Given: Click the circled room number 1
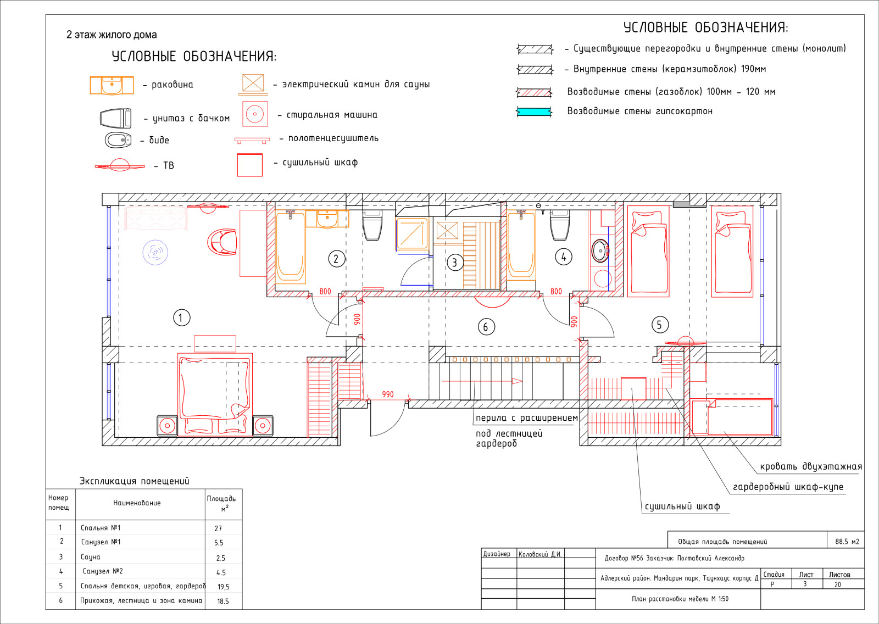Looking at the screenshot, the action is pyautogui.click(x=182, y=317).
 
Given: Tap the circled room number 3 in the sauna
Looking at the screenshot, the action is pyautogui.click(x=455, y=262).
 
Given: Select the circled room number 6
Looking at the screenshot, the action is pyautogui.click(x=486, y=326).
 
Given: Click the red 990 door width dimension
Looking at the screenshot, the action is pyautogui.click(x=388, y=394).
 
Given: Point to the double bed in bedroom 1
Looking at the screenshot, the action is pyautogui.click(x=215, y=394).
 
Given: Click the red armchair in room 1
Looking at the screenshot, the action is pyautogui.click(x=222, y=242).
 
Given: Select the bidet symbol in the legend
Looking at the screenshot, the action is pyautogui.click(x=118, y=140).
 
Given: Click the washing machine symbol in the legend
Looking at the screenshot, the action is pyautogui.click(x=255, y=114).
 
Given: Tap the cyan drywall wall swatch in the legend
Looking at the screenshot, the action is pyautogui.click(x=533, y=112).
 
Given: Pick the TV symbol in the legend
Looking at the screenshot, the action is pyautogui.click(x=120, y=165).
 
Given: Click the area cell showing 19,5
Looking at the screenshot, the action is pyautogui.click(x=223, y=586).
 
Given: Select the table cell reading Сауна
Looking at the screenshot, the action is pyautogui.click(x=90, y=557).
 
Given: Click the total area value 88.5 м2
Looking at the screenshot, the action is pyautogui.click(x=847, y=542).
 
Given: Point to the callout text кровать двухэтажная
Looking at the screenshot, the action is pyautogui.click(x=811, y=466).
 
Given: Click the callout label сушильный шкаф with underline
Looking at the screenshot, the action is pyautogui.click(x=682, y=506).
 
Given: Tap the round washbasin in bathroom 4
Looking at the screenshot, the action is pyautogui.click(x=600, y=250).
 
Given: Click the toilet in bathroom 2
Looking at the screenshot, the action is pyautogui.click(x=372, y=225).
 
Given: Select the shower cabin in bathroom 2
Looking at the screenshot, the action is pyautogui.click(x=411, y=233).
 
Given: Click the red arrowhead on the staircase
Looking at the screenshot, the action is pyautogui.click(x=517, y=381).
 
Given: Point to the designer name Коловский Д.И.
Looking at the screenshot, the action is pyautogui.click(x=540, y=554).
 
